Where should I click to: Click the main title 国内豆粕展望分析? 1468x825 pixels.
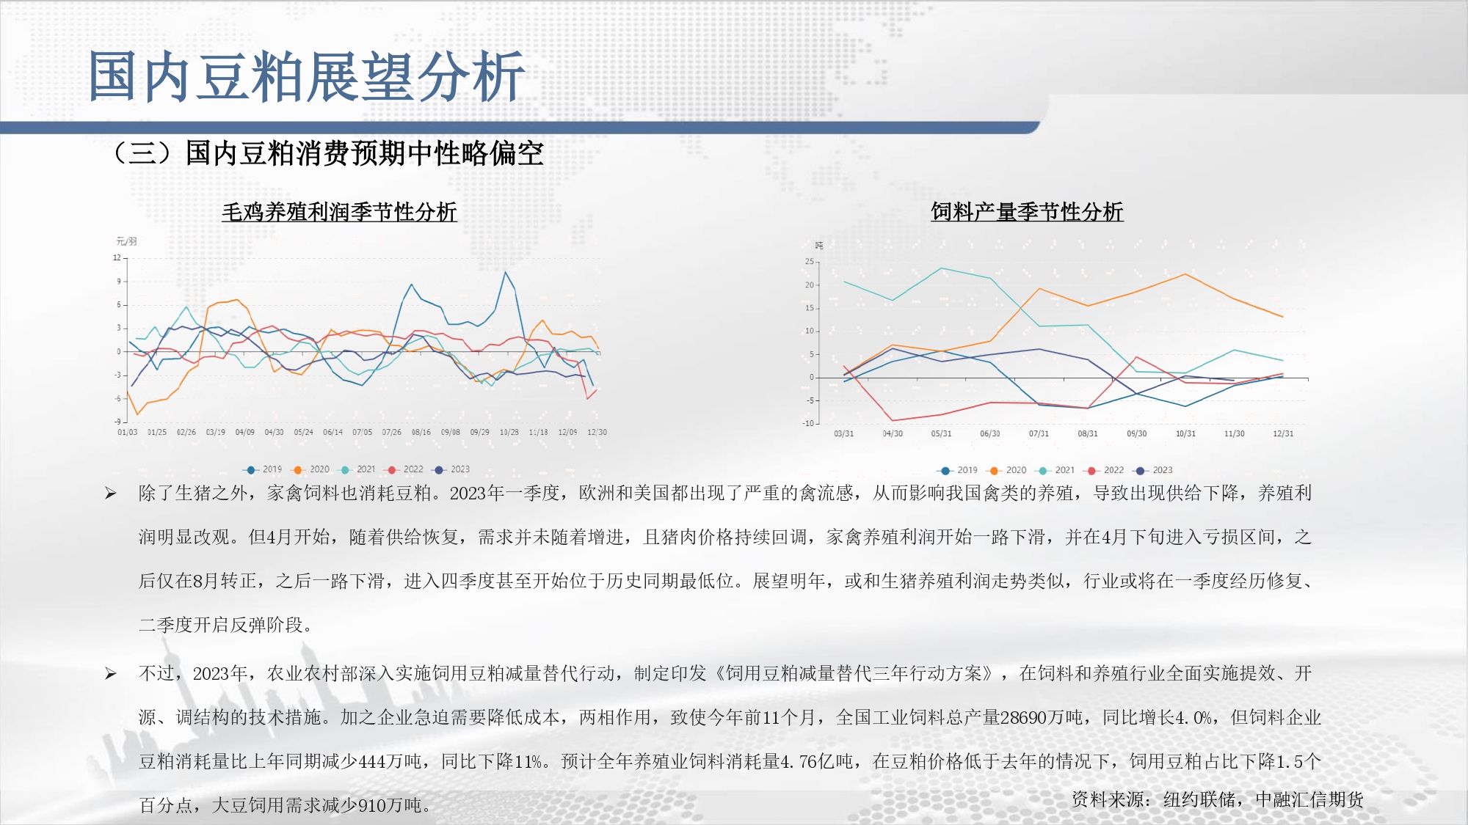306,76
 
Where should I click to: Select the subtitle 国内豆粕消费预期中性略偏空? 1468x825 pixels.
364,153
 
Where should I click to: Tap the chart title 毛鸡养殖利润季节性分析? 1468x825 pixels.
339,212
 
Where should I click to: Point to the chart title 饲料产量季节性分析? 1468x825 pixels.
1027,212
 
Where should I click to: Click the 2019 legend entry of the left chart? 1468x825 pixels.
262,469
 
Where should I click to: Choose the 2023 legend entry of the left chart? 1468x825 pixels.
451,469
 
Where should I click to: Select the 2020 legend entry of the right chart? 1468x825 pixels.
1006,470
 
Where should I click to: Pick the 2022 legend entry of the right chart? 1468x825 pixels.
1104,470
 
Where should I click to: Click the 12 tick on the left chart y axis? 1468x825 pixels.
117,258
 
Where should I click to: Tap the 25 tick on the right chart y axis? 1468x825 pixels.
809,262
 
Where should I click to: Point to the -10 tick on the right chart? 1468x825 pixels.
807,423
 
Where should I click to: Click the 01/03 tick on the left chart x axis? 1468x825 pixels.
127,433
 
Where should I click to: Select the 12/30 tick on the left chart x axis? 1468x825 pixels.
597,433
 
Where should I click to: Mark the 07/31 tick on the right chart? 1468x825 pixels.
1039,434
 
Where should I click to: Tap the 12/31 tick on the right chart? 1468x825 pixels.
1283,434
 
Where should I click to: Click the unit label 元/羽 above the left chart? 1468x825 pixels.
126,241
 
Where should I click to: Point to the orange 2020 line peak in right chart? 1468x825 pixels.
1185,274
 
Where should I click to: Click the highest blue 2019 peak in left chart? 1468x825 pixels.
505,272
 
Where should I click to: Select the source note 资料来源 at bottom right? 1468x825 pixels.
1217,799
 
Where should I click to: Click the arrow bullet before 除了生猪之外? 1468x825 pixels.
110,494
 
